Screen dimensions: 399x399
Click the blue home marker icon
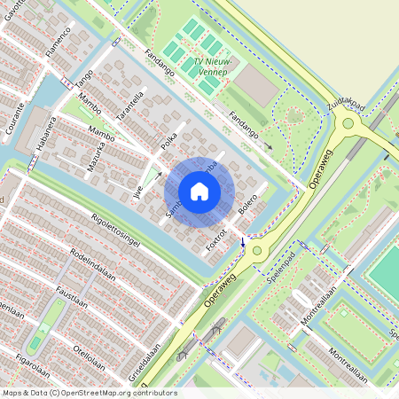(199, 192)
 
